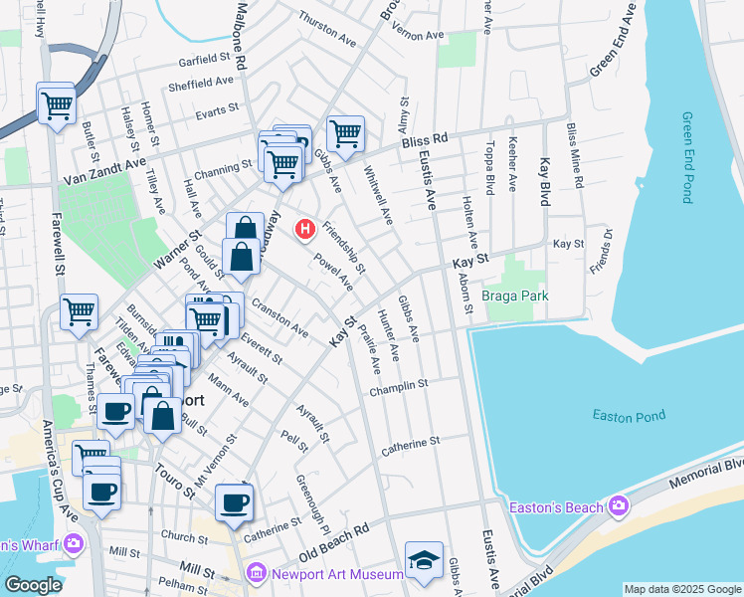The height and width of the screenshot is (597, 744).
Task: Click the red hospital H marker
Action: pyautogui.click(x=305, y=231)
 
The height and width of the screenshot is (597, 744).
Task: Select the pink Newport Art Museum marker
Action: pyautogui.click(x=256, y=573)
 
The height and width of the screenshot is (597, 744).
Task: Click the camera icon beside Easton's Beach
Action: pyautogui.click(x=619, y=507)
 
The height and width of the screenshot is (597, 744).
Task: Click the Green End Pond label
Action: pyautogui.click(x=687, y=157)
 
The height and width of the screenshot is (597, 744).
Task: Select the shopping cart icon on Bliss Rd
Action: pyautogui.click(x=345, y=133)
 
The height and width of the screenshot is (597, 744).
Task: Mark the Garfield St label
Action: pyautogui.click(x=205, y=60)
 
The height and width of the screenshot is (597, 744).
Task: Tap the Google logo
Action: pyautogui.click(x=33, y=586)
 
